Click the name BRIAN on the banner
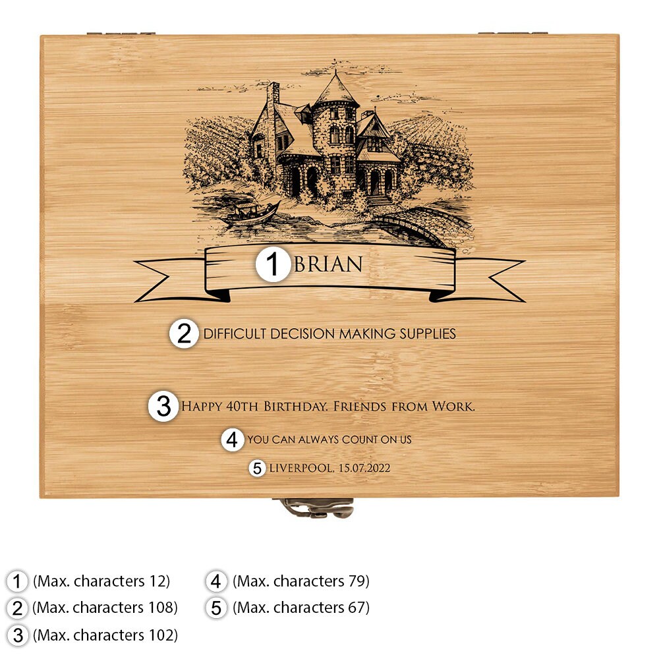(329, 265)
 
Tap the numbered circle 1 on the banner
(273, 265)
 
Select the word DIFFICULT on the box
(235, 334)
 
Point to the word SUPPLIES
(427, 334)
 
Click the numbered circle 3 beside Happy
(163, 406)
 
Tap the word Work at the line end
(452, 407)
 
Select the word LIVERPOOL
(301, 469)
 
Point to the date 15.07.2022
(364, 469)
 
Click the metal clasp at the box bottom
(318, 507)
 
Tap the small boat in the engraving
(253, 213)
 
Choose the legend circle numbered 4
(216, 581)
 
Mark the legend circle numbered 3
(18, 635)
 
